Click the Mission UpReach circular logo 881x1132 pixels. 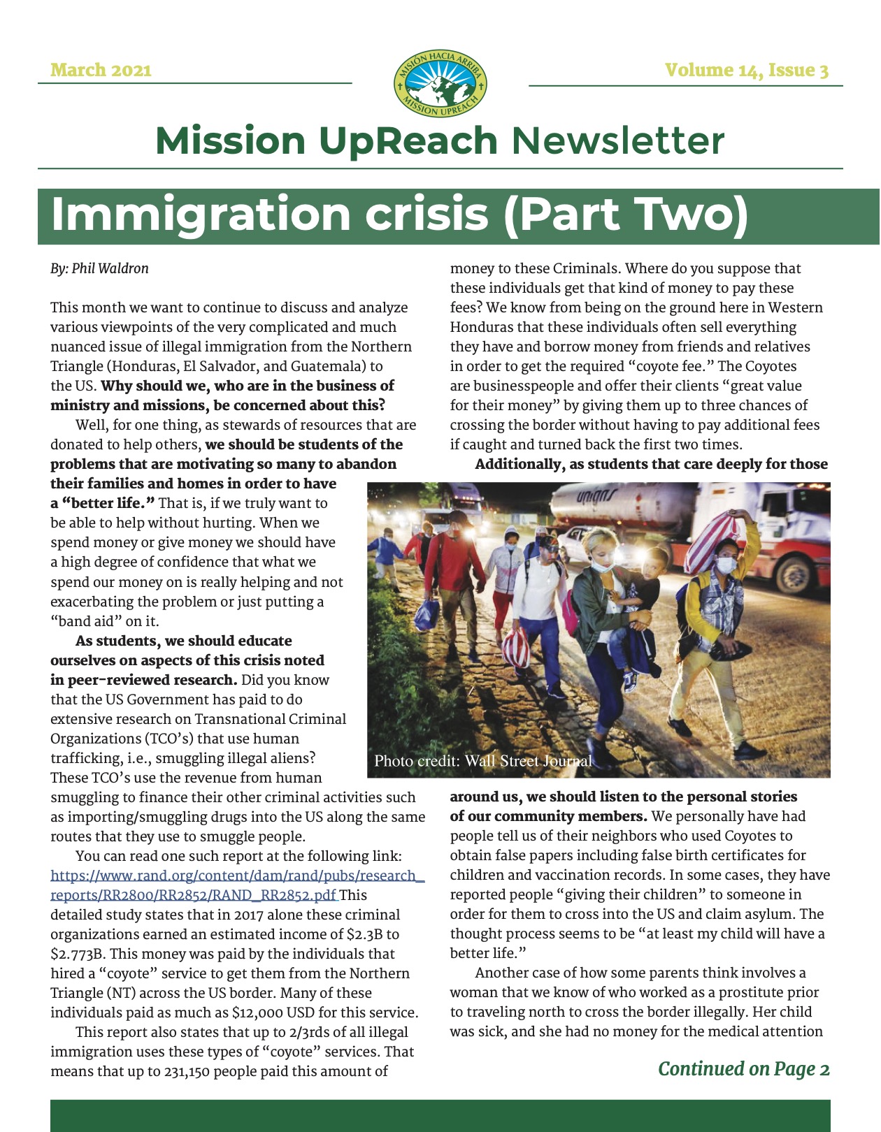(x=440, y=83)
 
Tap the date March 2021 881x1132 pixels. (x=101, y=70)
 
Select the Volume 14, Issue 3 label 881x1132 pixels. (x=746, y=70)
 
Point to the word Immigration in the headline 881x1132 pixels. (x=200, y=214)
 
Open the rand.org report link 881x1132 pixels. (x=237, y=885)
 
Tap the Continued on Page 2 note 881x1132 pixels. (x=743, y=1068)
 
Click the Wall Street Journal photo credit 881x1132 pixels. (x=482, y=761)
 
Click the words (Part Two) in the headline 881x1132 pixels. (x=625, y=214)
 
